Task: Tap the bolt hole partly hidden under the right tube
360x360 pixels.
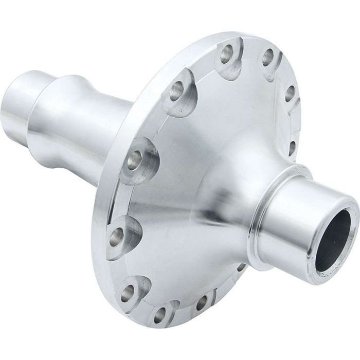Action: (241, 267)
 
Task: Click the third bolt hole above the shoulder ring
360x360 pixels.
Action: (267, 58)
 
